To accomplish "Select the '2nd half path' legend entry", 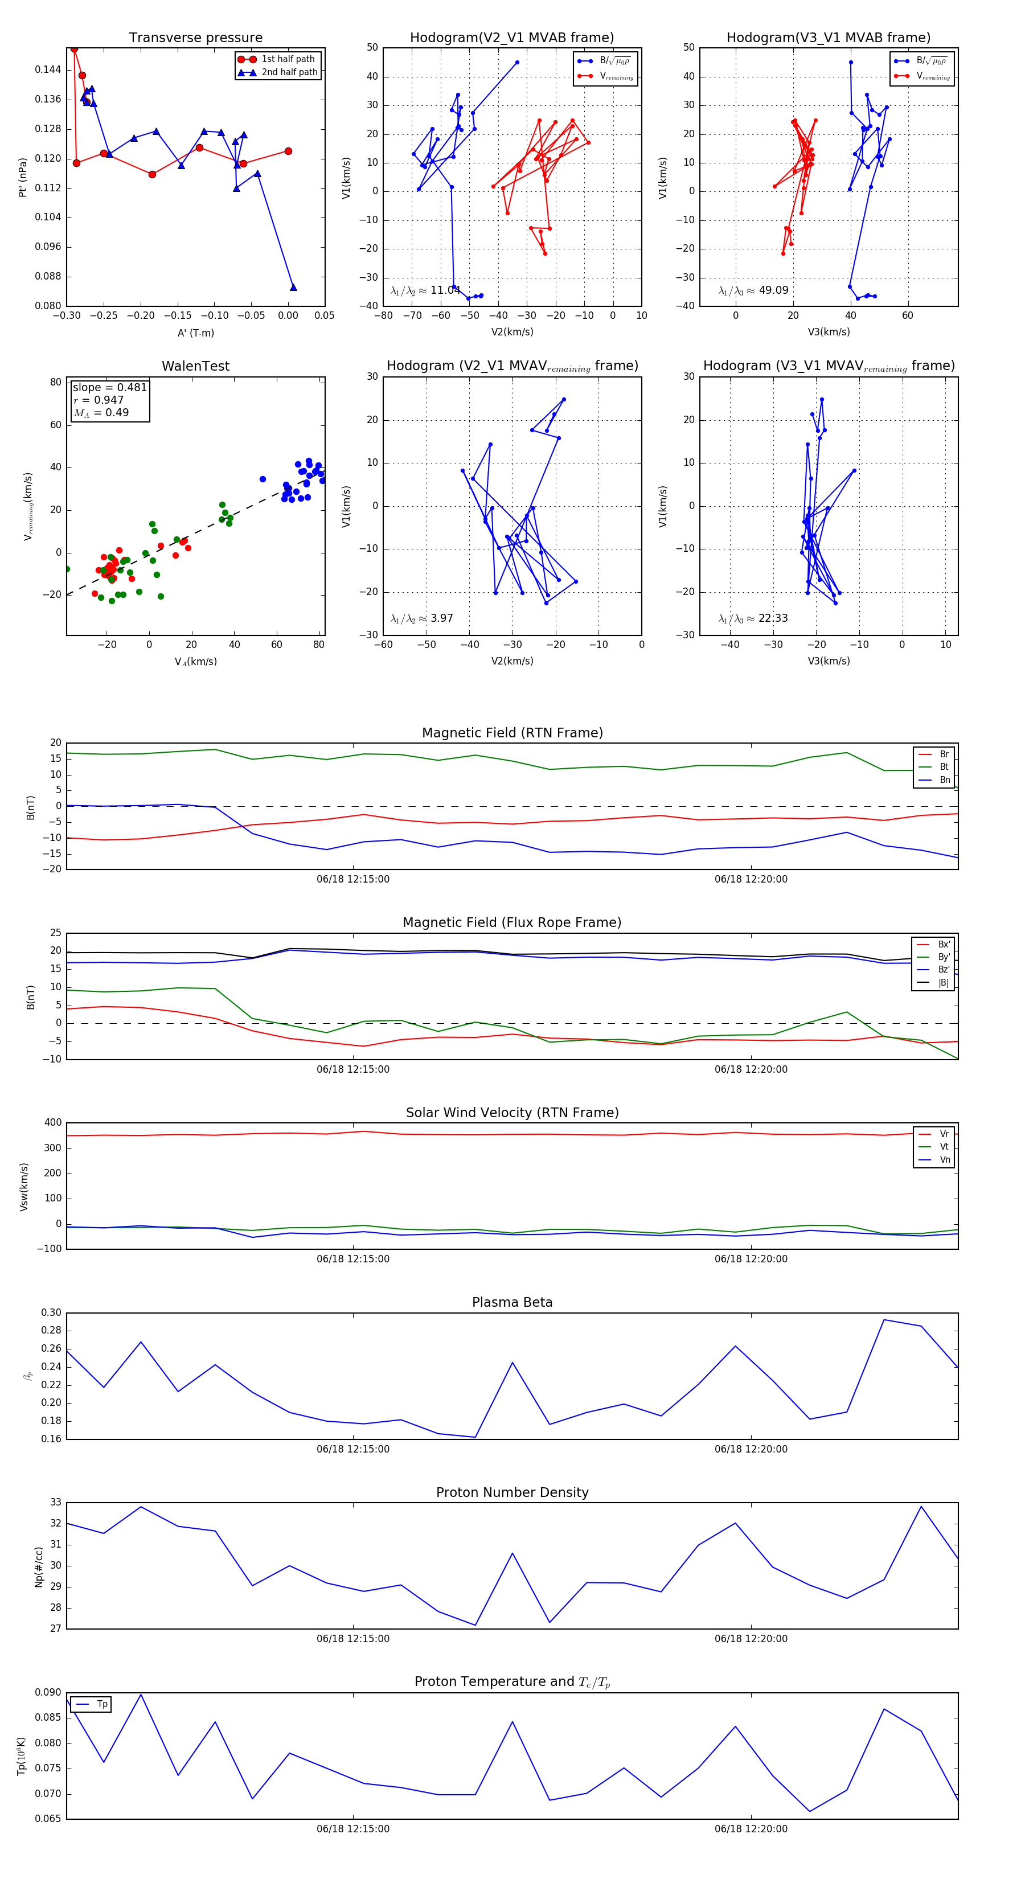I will point(289,72).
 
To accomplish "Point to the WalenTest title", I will point(195,366).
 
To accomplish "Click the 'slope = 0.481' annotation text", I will point(109,387).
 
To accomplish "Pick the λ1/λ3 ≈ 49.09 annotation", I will point(753,290).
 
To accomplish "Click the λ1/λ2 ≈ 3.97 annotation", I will point(421,618).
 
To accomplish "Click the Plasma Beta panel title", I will point(512,1302).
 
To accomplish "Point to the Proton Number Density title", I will point(512,1492).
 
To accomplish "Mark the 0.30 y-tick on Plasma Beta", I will point(51,1313).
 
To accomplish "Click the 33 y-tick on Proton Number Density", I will point(55,1503).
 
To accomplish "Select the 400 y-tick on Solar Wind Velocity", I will point(52,1123).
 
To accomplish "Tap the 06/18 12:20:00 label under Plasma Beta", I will point(751,1449).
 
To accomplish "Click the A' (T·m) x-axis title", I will point(195,333).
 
